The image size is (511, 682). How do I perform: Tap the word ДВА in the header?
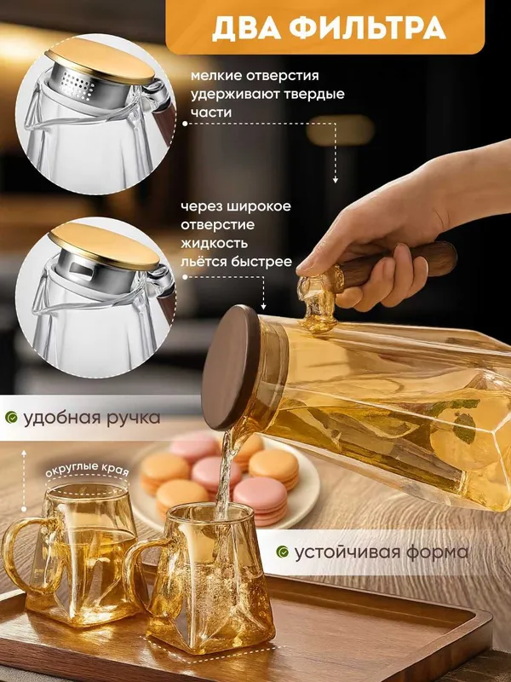click(246, 29)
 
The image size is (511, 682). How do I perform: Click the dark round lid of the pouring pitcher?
click(230, 367)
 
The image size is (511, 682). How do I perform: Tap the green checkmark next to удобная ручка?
click(11, 418)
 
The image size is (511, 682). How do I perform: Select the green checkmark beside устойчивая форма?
click(283, 552)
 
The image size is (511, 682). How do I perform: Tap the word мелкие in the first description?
click(216, 76)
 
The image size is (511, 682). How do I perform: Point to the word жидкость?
click(215, 243)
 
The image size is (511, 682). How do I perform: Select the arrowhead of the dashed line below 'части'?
click(335, 180)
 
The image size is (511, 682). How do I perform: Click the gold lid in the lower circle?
click(103, 246)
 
